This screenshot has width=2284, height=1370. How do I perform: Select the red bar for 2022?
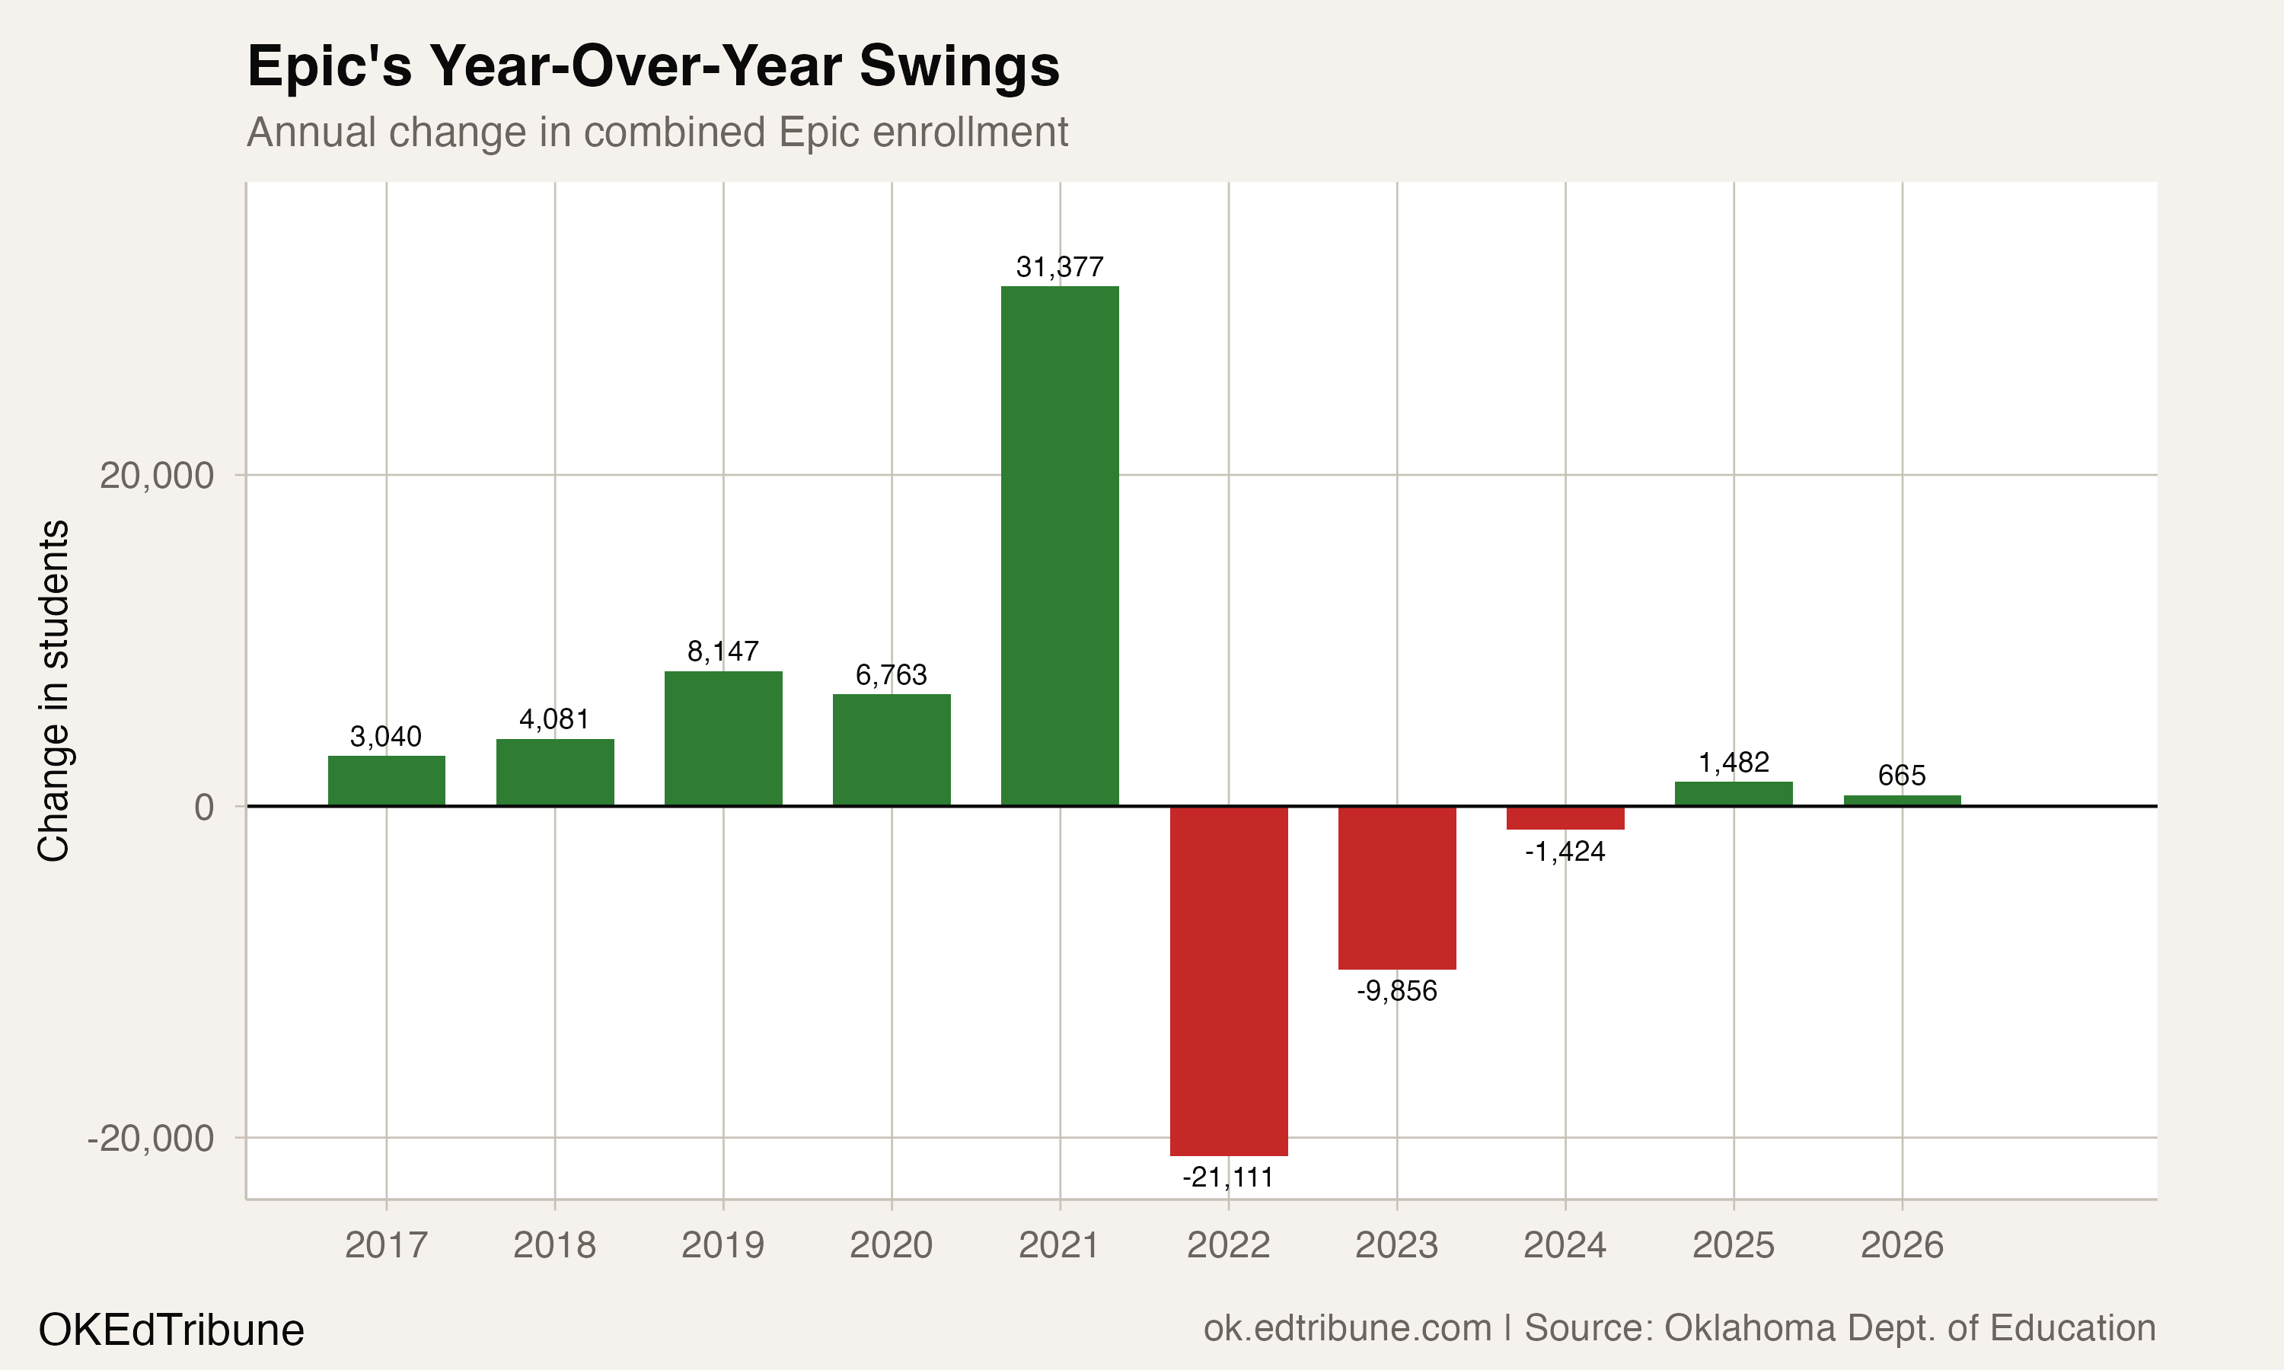1228,980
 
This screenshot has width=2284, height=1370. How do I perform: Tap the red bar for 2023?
1397,887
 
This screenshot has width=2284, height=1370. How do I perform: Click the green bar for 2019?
723,738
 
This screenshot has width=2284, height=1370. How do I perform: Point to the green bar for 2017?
386,781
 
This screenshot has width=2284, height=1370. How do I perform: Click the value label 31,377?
1060,268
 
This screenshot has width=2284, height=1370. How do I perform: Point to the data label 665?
1902,776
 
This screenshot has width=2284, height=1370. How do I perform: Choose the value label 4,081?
554,719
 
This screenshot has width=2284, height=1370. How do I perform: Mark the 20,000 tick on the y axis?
157,476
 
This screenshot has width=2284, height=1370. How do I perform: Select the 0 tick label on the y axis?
204,808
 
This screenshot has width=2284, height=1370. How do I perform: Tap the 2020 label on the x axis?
891,1245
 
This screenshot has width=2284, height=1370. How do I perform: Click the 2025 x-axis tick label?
1733,1245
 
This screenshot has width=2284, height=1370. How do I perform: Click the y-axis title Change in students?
53,690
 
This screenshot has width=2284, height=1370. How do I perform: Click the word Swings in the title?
959,66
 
